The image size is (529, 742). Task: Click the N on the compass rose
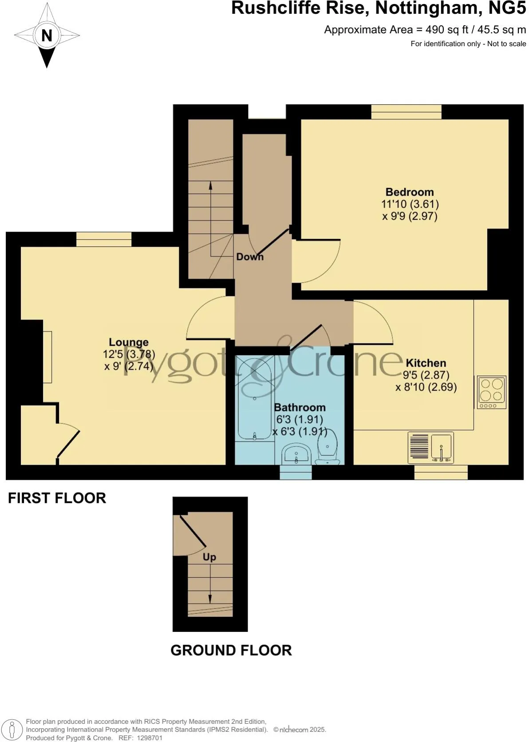coord(47,35)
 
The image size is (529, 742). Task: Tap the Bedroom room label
coord(409,192)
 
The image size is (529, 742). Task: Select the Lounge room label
coord(129,342)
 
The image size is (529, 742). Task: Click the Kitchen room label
coord(426,363)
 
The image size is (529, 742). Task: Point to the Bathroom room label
coord(300,407)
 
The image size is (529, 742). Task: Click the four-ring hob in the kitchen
coord(491,392)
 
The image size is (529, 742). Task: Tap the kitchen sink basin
coord(442,446)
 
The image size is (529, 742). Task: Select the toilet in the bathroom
coord(328,446)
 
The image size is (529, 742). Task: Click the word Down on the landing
coord(249,257)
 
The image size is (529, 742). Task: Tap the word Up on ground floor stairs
coord(209,557)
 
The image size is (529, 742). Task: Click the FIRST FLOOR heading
coord(57,498)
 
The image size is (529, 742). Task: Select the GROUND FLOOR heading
coord(231,650)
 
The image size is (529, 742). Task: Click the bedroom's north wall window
coord(406,112)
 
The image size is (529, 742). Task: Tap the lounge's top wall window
coord(104,240)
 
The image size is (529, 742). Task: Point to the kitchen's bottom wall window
coord(441,472)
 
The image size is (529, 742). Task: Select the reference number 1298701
coord(150,738)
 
